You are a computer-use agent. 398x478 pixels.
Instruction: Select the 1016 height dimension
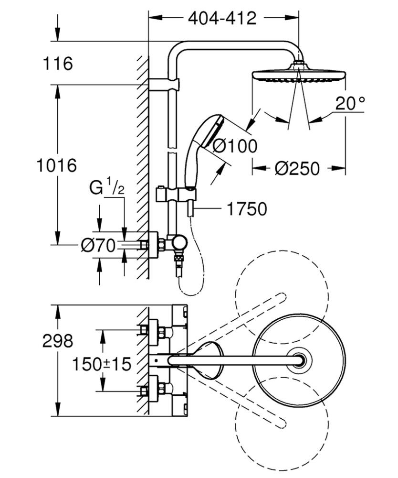click(x=57, y=166)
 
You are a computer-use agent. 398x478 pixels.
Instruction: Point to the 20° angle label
click(x=349, y=103)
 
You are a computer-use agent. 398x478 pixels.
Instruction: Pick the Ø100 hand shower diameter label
click(x=234, y=146)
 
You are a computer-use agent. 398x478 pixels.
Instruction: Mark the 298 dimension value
click(x=58, y=341)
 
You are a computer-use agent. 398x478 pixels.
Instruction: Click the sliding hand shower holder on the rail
click(x=176, y=194)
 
